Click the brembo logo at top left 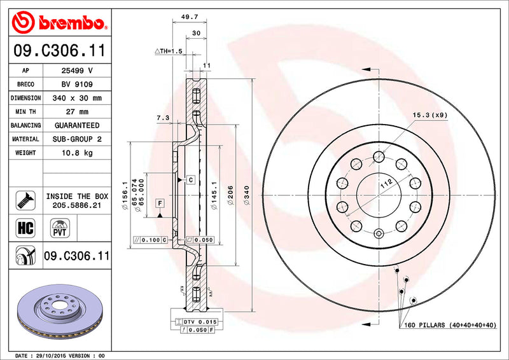coord(58,23)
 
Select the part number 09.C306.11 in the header coord(58,50)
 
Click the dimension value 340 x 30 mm coord(76,98)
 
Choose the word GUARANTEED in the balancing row coord(76,125)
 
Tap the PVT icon coord(60,228)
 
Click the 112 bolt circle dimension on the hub coord(385,184)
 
